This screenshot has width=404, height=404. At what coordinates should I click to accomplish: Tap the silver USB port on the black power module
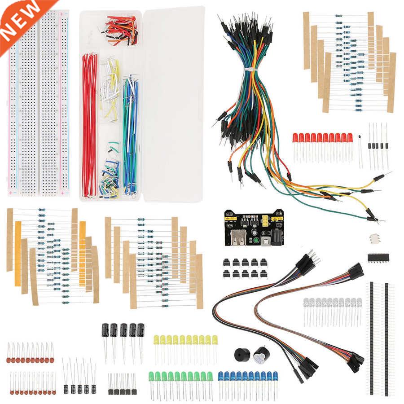pyautogui.click(x=239, y=237)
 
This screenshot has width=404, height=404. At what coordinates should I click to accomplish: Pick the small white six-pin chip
pyautogui.click(x=374, y=238)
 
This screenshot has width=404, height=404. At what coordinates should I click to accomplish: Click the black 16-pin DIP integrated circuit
pyautogui.click(x=378, y=257)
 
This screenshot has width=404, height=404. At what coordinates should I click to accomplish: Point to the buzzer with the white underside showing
pyautogui.click(x=259, y=356)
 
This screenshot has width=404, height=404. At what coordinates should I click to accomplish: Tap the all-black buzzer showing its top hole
pyautogui.click(x=242, y=356)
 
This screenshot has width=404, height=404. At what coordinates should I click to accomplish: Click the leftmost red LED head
pyautogui.click(x=295, y=138)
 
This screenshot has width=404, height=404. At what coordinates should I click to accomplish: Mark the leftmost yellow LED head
pyautogui.click(x=156, y=339)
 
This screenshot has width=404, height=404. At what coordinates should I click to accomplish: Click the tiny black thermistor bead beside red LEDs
pyautogui.click(x=360, y=136)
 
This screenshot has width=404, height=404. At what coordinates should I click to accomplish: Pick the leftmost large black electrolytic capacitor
pyautogui.click(x=105, y=330)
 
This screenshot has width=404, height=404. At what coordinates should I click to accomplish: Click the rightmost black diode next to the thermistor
pyautogui.click(x=386, y=145)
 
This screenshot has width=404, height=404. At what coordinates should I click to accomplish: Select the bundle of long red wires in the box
pyautogui.click(x=89, y=126)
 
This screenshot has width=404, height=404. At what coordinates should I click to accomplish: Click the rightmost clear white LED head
pyautogui.click(x=359, y=303)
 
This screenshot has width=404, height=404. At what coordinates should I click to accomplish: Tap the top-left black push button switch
pyautogui.click(x=226, y=262)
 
